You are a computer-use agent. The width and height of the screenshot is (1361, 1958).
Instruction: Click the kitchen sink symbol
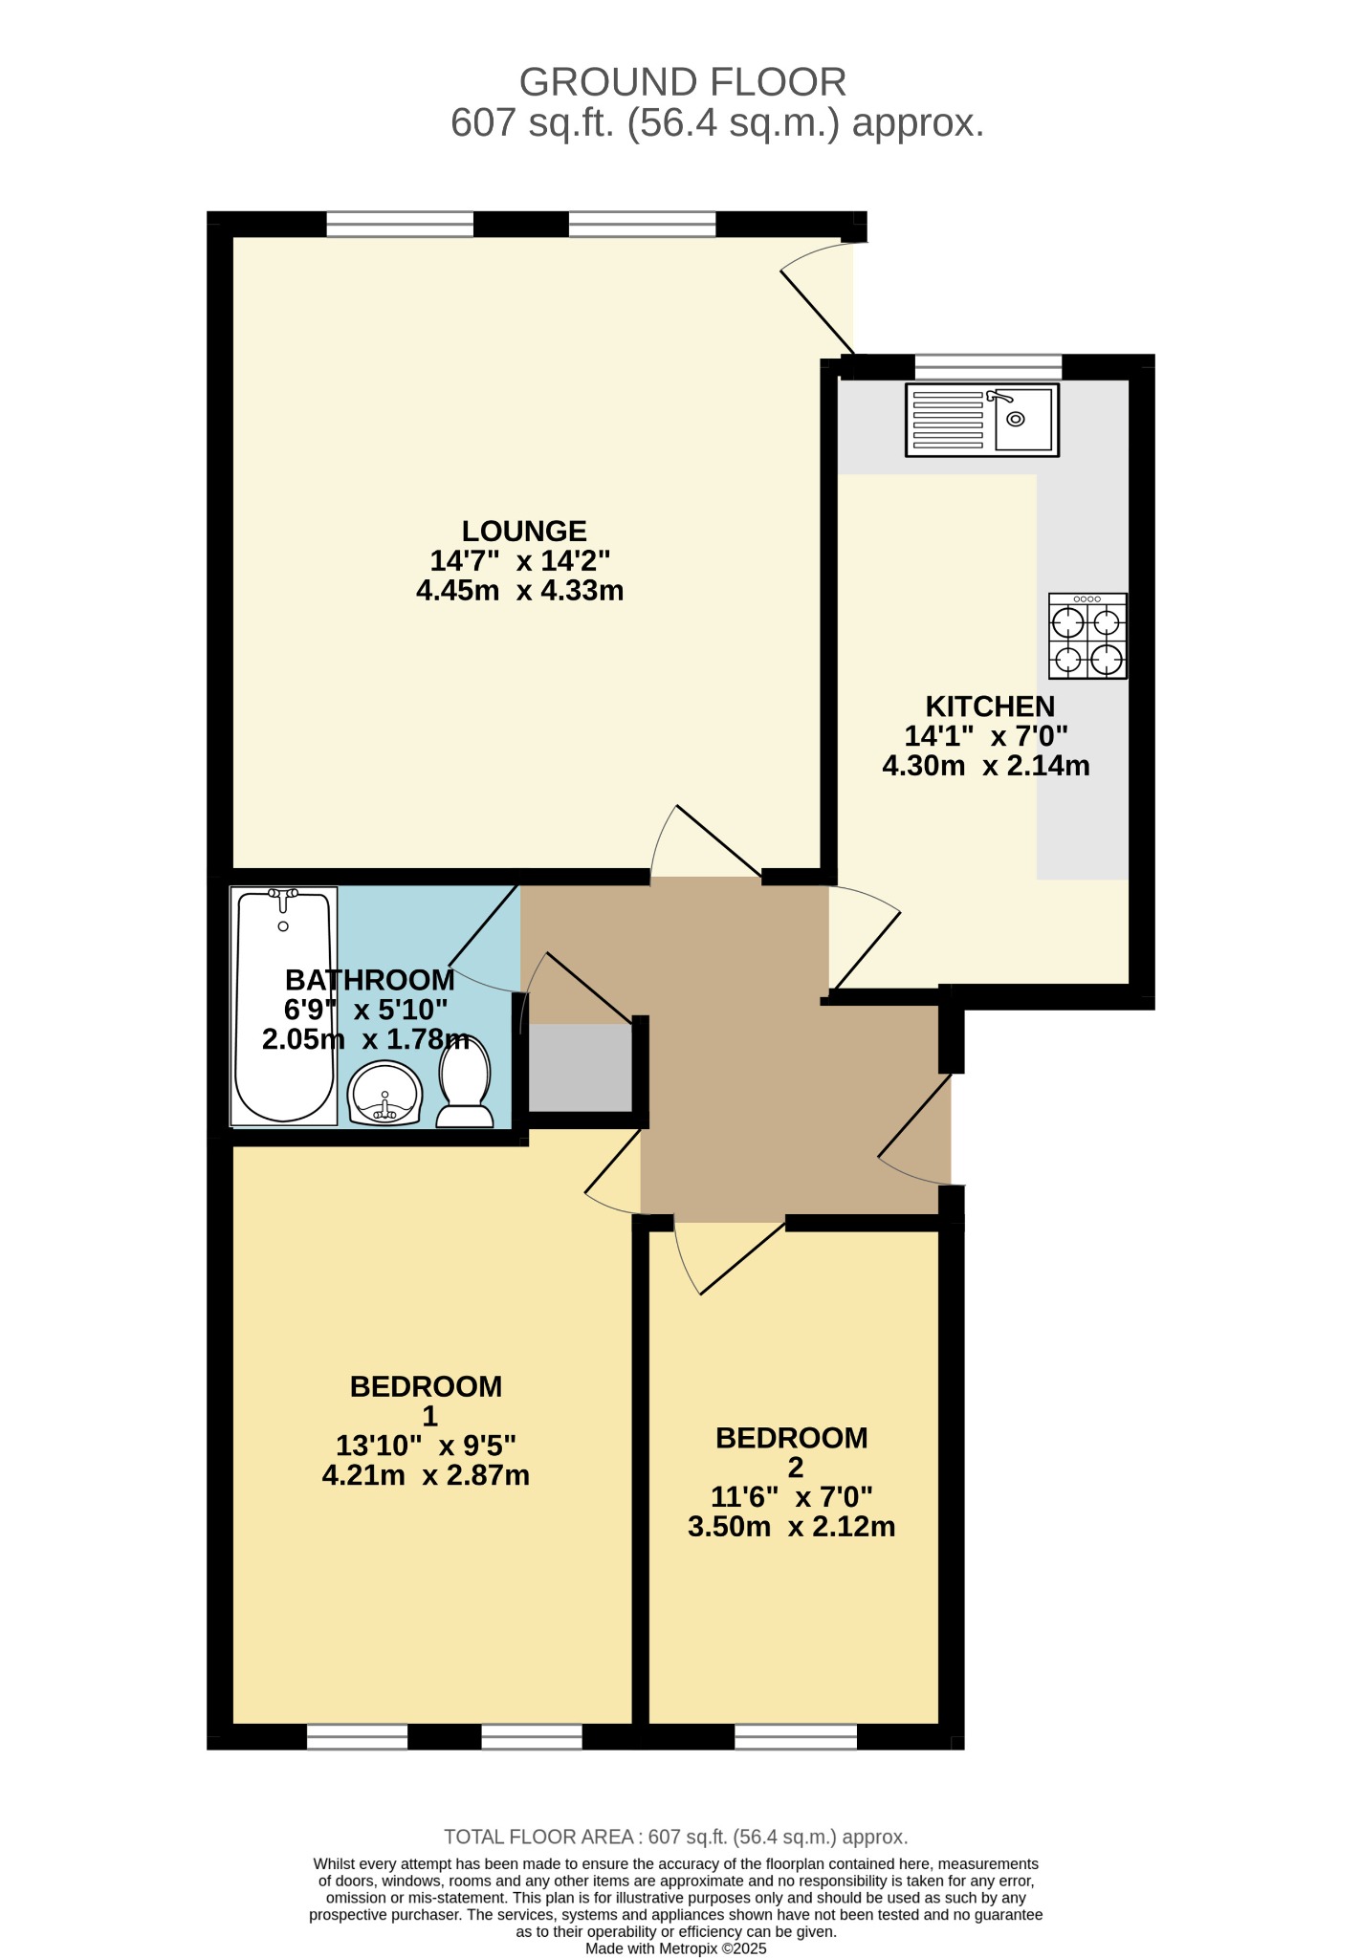(982, 420)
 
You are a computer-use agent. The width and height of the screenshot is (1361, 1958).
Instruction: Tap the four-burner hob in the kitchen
(1087, 636)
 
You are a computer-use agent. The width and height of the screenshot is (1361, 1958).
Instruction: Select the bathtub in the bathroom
(284, 1006)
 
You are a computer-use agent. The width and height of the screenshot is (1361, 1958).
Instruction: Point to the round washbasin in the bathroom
(384, 1094)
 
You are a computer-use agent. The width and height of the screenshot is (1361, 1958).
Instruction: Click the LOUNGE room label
(524, 531)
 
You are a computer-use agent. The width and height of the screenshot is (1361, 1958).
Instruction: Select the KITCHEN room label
(990, 707)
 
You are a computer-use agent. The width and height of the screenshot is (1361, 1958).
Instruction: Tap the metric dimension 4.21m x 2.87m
(426, 1475)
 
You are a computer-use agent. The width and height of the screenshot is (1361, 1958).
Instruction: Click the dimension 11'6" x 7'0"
(791, 1496)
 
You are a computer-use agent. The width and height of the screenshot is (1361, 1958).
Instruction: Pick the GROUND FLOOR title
(682, 82)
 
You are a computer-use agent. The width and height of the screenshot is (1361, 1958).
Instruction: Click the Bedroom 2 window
(796, 1737)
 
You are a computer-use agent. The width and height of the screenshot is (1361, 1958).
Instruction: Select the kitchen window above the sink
(988, 366)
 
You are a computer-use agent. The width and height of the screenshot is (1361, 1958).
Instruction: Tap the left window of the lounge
(400, 225)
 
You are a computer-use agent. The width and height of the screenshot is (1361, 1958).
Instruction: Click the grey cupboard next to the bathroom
(580, 1068)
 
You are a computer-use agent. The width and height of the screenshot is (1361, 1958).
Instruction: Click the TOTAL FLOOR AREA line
(675, 1837)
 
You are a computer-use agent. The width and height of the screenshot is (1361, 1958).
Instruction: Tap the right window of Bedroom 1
(532, 1737)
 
